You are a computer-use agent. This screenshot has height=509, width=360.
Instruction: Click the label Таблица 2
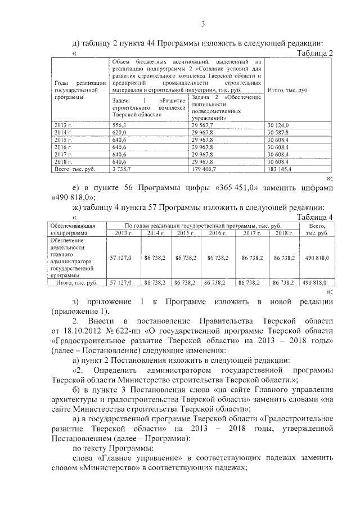(x=314, y=53)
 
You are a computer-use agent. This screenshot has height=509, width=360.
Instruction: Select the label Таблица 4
(x=314, y=217)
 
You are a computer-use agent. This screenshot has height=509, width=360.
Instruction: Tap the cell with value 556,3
(x=119, y=125)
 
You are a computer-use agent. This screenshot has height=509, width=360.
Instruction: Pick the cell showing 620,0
(x=120, y=132)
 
